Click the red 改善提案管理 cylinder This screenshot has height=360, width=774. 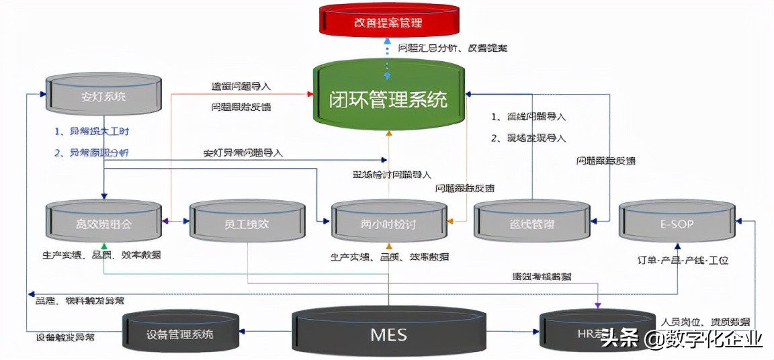(389, 22)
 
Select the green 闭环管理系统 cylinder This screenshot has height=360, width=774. (389, 99)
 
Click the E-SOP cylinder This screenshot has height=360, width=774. (676, 222)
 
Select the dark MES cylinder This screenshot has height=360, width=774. (389, 333)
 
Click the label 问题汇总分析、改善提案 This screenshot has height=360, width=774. (453, 48)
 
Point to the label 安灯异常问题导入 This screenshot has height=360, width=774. (243, 153)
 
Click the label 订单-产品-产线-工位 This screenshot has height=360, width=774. (683, 260)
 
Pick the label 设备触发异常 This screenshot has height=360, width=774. (65, 336)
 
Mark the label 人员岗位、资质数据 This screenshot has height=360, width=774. (705, 322)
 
